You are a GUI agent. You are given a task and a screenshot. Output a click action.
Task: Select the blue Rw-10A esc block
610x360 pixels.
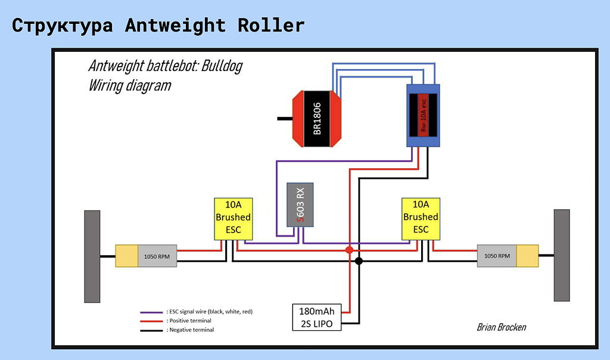(424, 115)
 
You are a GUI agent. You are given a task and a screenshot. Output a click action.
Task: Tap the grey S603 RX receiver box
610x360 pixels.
(300, 204)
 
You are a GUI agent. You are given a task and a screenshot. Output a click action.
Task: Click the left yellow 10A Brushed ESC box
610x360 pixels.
(233, 218)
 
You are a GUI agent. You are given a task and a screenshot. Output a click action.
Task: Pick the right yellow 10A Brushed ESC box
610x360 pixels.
(421, 218)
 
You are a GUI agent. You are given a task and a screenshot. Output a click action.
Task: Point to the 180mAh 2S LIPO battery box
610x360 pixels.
(318, 317)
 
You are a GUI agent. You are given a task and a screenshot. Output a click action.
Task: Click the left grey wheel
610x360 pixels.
(92, 256)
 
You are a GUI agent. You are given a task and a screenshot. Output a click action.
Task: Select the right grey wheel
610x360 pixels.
(562, 255)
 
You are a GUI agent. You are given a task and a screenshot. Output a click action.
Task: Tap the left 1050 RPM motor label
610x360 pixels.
(157, 256)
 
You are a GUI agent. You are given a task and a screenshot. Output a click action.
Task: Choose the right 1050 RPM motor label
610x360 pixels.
(497, 255)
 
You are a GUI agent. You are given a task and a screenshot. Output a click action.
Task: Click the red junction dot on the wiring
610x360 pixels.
(350, 249)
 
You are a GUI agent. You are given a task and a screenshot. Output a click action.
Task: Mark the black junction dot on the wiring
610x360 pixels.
(359, 261)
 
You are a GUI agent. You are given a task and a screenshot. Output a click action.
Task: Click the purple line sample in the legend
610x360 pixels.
(151, 312)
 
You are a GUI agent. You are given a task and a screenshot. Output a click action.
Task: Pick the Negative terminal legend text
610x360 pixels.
(192, 330)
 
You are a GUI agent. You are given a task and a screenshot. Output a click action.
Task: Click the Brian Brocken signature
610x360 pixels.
(501, 327)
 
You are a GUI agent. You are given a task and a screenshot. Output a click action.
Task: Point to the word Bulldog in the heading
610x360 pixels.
(222, 66)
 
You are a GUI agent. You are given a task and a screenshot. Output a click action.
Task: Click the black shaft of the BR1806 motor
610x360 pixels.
(285, 119)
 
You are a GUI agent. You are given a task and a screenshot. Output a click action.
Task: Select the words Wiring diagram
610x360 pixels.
(130, 85)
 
